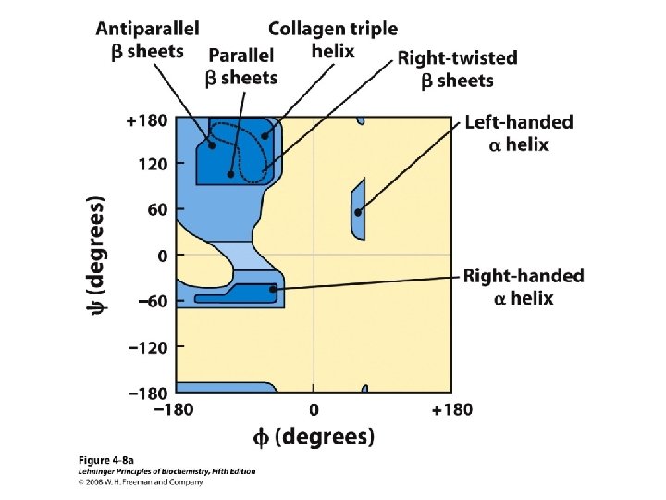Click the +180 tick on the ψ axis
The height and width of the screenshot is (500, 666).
point(148,119)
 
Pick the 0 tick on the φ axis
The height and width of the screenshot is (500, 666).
point(314,408)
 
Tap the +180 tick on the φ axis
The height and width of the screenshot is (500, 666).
point(452,408)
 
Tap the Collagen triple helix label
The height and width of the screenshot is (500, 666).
point(333,40)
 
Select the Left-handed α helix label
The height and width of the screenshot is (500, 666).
point(518,132)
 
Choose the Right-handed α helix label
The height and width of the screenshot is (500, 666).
point(523,286)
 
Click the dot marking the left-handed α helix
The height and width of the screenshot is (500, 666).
point(358,212)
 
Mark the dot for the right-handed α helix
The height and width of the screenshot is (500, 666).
point(273,290)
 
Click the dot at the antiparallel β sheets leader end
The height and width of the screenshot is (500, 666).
point(212,144)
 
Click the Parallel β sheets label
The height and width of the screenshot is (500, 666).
point(241,66)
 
